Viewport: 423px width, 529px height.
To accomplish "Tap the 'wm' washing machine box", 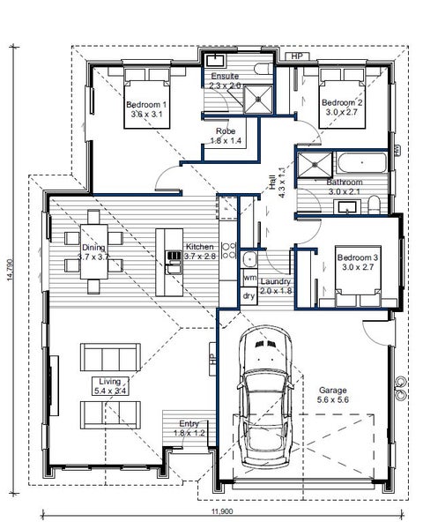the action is [249, 278].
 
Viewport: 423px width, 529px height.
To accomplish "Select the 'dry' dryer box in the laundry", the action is [249, 296].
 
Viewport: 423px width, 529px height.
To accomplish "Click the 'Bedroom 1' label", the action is [146, 105].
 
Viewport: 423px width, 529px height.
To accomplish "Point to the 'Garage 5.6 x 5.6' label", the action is [332, 395].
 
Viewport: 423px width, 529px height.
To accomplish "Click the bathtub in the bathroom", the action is [361, 163].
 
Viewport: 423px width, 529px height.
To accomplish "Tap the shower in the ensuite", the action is [258, 99].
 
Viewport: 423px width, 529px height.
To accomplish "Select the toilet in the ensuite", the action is [263, 69].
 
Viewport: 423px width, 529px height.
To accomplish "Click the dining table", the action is [94, 251].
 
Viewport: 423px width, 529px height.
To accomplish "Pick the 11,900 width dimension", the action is [222, 511].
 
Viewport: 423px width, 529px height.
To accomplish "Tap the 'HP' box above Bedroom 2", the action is [296, 56].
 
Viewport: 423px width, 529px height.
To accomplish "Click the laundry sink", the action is [249, 259].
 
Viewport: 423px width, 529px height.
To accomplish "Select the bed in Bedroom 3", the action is [358, 277].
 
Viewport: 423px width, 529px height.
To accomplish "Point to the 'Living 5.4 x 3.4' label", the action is [110, 386].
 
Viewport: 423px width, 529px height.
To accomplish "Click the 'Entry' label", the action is [189, 423].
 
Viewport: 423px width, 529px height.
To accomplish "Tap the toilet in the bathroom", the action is [374, 205].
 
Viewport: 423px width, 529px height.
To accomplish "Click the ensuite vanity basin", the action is [214, 61].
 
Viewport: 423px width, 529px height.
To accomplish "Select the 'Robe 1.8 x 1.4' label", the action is [226, 136].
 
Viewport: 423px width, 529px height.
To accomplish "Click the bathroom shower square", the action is [315, 165].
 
